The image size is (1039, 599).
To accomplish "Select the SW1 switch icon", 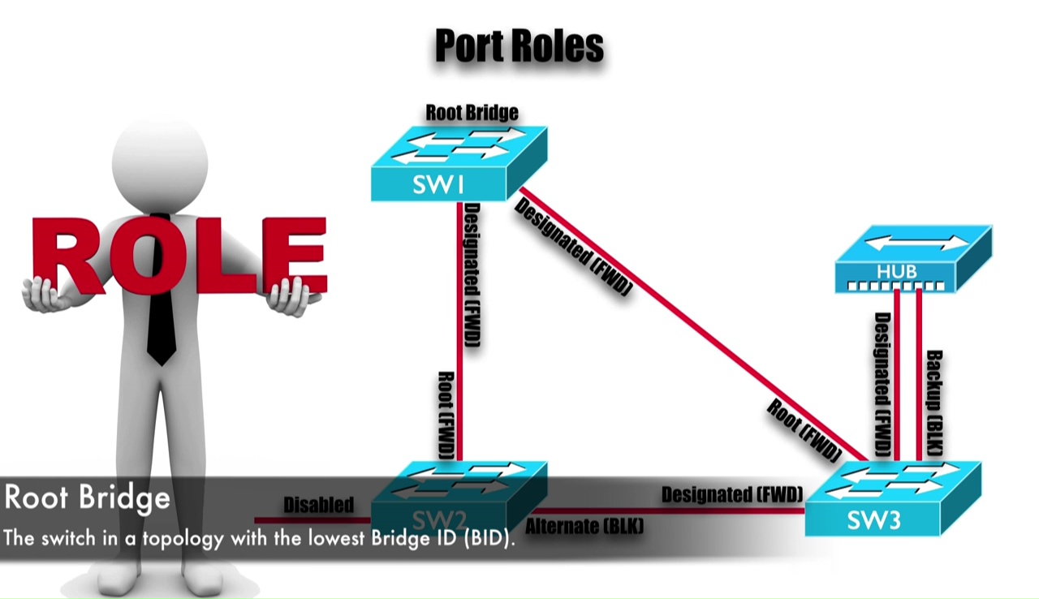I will click(x=459, y=166).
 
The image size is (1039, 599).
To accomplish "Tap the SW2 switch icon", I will click(x=459, y=497).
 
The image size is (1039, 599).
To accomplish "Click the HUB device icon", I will click(x=912, y=261).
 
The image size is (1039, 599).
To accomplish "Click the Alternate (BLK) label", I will click(x=584, y=527).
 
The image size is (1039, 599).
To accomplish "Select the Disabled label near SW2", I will click(x=318, y=505).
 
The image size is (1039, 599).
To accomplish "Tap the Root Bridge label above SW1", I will click(x=472, y=112).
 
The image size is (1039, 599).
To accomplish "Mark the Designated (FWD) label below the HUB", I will click(x=882, y=383).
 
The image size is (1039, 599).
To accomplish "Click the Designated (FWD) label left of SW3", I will click(x=731, y=494).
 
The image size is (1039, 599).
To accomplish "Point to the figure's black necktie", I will click(x=162, y=317).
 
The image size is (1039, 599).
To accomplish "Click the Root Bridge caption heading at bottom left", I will click(x=87, y=497).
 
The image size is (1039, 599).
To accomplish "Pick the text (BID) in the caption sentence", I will click(x=489, y=539).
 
